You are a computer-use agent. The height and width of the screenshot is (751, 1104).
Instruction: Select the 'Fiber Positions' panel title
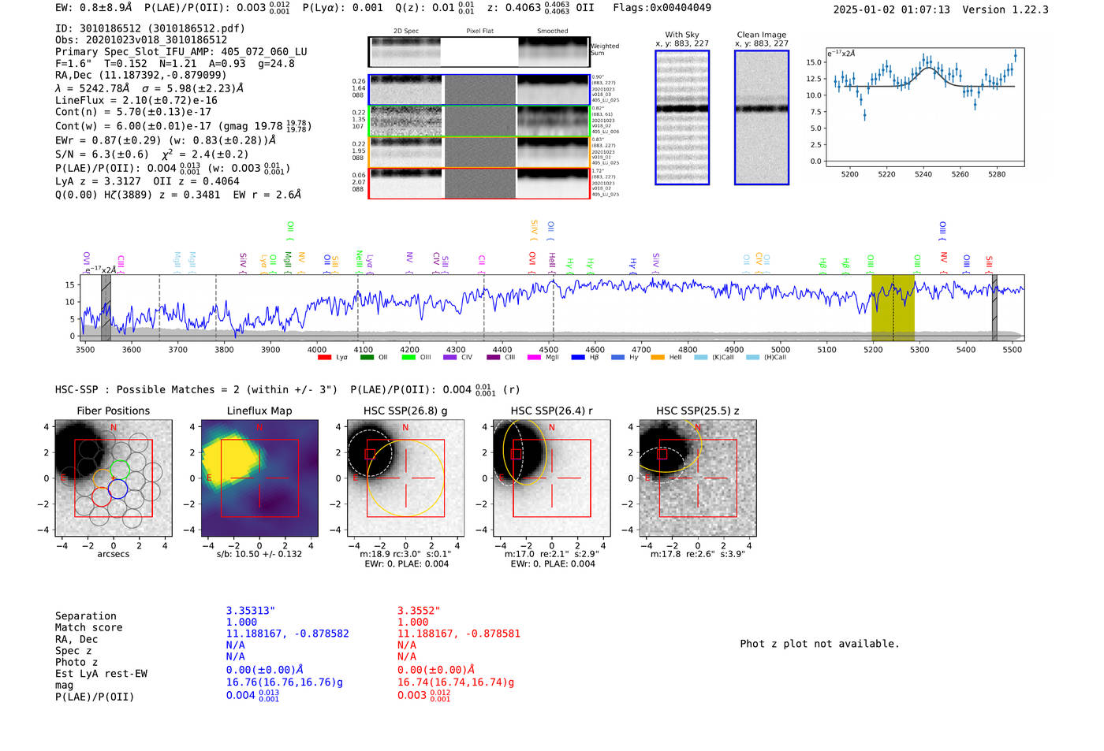point(113,411)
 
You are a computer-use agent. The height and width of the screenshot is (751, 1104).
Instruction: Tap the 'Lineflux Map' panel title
point(259,411)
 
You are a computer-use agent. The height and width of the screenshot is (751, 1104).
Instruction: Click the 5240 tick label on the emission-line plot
point(923,174)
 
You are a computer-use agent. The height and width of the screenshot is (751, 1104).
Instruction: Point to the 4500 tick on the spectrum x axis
point(549,349)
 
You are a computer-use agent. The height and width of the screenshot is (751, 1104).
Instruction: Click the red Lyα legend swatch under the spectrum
point(324,358)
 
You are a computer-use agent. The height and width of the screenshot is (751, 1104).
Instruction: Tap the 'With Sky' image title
point(681,35)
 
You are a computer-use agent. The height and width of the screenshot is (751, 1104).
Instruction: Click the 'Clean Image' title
point(761,35)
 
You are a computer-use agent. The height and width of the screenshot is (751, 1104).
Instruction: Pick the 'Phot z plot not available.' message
point(819,644)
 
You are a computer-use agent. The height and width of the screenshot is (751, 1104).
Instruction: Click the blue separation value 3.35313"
point(250,611)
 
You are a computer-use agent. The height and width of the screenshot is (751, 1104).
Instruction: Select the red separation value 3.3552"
point(418,611)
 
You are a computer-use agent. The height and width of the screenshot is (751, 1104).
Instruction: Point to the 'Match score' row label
point(88,628)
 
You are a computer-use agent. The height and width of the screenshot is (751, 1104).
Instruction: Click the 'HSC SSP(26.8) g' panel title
point(405,411)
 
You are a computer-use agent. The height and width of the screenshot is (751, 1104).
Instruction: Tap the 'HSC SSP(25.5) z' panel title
point(697,411)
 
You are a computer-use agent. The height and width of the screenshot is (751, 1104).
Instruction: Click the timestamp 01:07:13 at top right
point(924,9)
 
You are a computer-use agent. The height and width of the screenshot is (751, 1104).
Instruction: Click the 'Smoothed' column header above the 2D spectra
point(552,32)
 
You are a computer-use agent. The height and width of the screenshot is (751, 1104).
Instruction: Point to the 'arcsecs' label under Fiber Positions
point(113,554)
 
